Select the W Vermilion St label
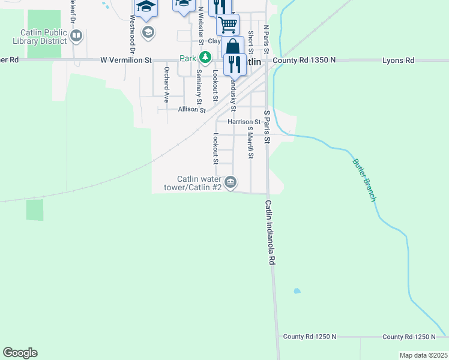(x=126, y=60)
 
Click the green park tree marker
(x=205, y=58)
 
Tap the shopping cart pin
(x=228, y=25)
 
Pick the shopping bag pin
(x=232, y=47)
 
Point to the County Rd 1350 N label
(x=304, y=61)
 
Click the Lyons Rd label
(x=399, y=61)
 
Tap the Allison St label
(x=191, y=110)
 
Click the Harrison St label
(x=244, y=121)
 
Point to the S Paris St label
(x=268, y=126)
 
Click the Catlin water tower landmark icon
(x=231, y=182)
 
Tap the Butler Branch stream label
(x=364, y=179)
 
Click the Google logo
(x=20, y=353)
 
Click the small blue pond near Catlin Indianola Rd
(x=297, y=292)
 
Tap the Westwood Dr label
(x=131, y=28)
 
